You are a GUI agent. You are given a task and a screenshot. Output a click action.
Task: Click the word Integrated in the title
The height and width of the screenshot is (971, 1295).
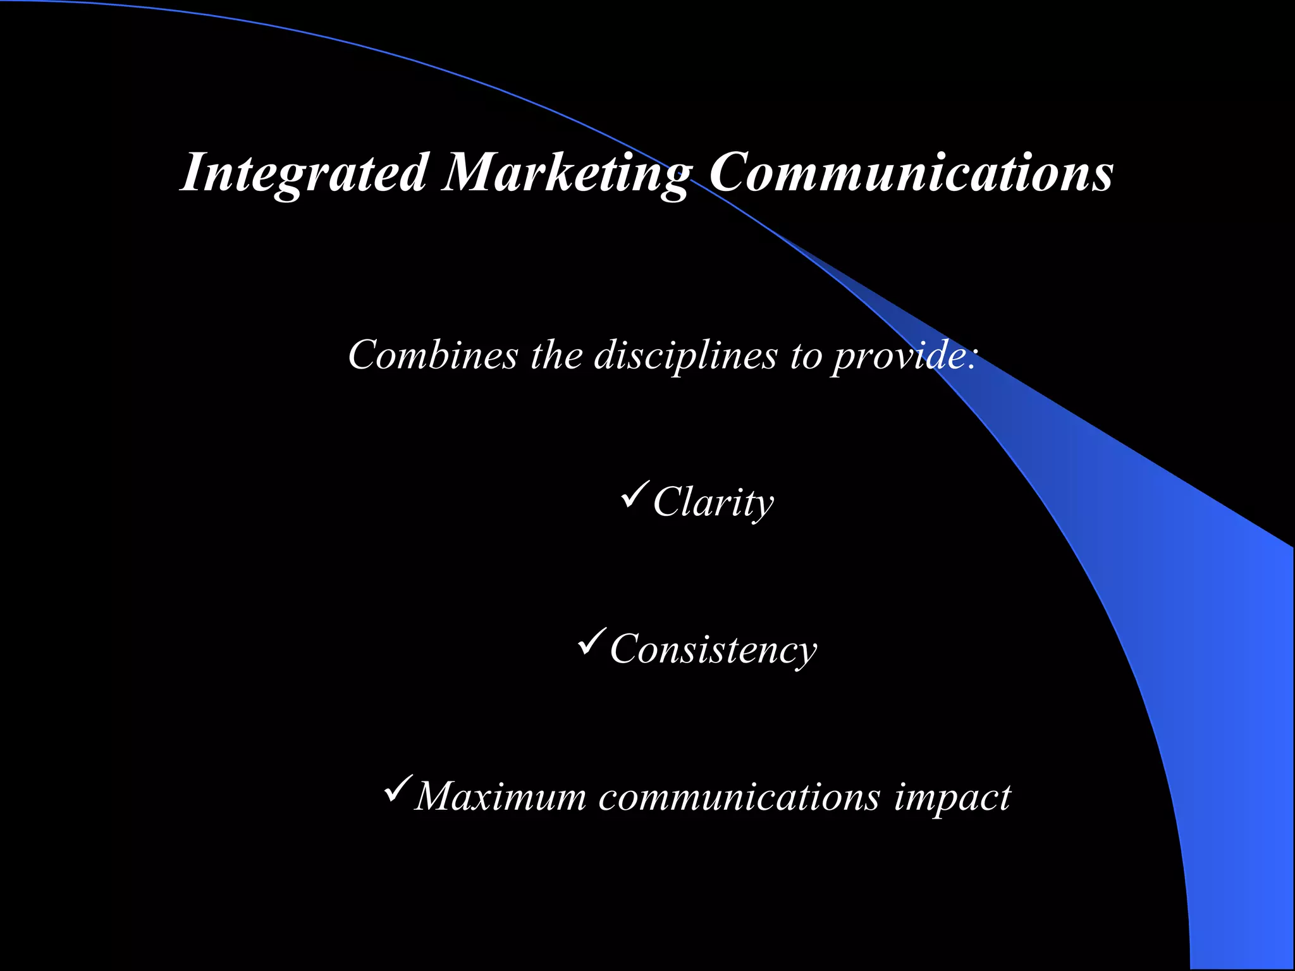(304, 172)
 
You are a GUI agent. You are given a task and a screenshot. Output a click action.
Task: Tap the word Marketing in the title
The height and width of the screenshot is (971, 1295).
(565, 172)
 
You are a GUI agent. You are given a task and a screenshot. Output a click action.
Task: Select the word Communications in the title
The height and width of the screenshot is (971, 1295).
(911, 172)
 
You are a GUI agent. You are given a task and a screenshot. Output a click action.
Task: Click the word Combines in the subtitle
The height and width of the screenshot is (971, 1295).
(433, 355)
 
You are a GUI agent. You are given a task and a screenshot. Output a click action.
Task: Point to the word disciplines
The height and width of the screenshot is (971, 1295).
(685, 355)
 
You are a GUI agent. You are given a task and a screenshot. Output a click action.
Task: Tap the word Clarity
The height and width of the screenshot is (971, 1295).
(713, 503)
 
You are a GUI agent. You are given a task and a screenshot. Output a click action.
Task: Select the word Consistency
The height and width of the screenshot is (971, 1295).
(713, 649)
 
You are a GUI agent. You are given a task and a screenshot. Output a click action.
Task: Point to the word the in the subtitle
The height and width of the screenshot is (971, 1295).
(556, 355)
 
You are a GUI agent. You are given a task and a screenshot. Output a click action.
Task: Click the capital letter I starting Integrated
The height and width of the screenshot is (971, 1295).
(192, 172)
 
